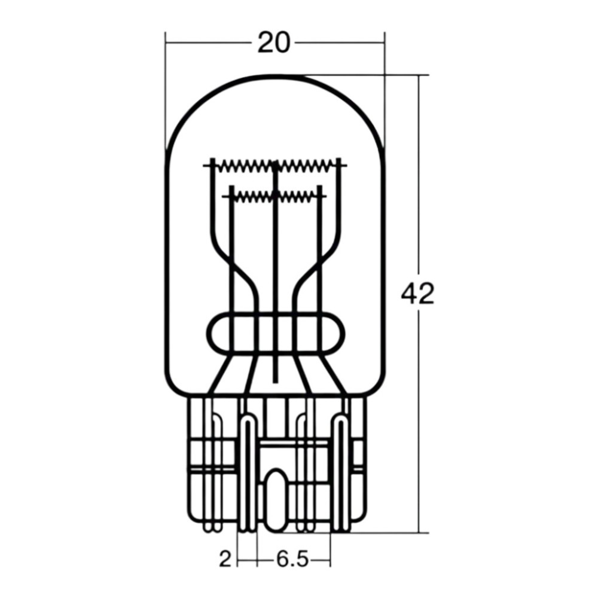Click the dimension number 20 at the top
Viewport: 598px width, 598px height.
(x=273, y=42)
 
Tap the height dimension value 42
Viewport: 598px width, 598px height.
(x=417, y=294)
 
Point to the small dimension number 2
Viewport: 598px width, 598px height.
(x=225, y=560)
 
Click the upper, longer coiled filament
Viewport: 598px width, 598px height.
(x=275, y=166)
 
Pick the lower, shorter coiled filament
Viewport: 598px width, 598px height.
(x=275, y=196)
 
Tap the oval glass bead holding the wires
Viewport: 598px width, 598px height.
(x=275, y=332)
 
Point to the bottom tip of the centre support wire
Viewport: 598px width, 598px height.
(x=275, y=381)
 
